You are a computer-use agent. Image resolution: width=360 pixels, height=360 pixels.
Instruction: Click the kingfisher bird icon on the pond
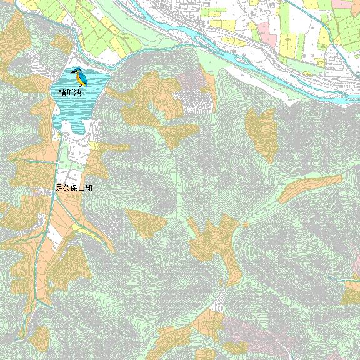pos(79,76)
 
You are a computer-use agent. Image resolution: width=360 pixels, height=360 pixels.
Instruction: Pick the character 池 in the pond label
pos(78,93)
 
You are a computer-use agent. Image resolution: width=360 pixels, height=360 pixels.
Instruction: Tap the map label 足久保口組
pos(74,187)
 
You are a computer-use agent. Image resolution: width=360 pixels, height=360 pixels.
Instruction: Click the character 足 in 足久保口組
pos(59,187)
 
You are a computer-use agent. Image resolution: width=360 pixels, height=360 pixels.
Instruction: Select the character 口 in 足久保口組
pos(81,187)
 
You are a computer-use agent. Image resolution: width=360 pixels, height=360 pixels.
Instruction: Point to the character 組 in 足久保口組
pos(89,187)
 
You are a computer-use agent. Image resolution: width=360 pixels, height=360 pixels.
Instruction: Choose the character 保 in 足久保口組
pos(74,187)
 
